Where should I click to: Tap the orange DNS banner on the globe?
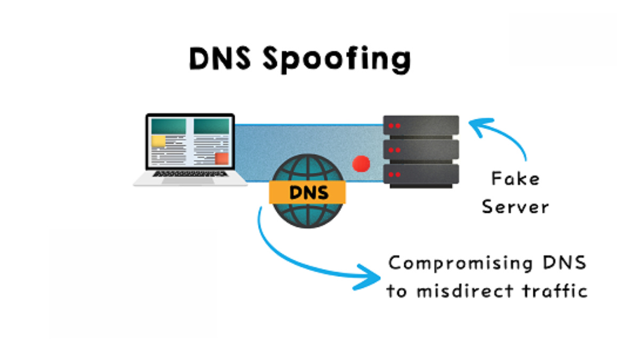(308, 193)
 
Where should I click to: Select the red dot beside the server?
(362, 163)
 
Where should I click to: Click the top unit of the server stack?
(421, 126)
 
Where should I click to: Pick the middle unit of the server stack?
(421, 150)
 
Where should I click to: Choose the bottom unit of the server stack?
(421, 174)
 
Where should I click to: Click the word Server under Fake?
(515, 206)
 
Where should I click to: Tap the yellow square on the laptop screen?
(158, 140)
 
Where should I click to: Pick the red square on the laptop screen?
(221, 158)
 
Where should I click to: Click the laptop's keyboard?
(190, 173)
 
